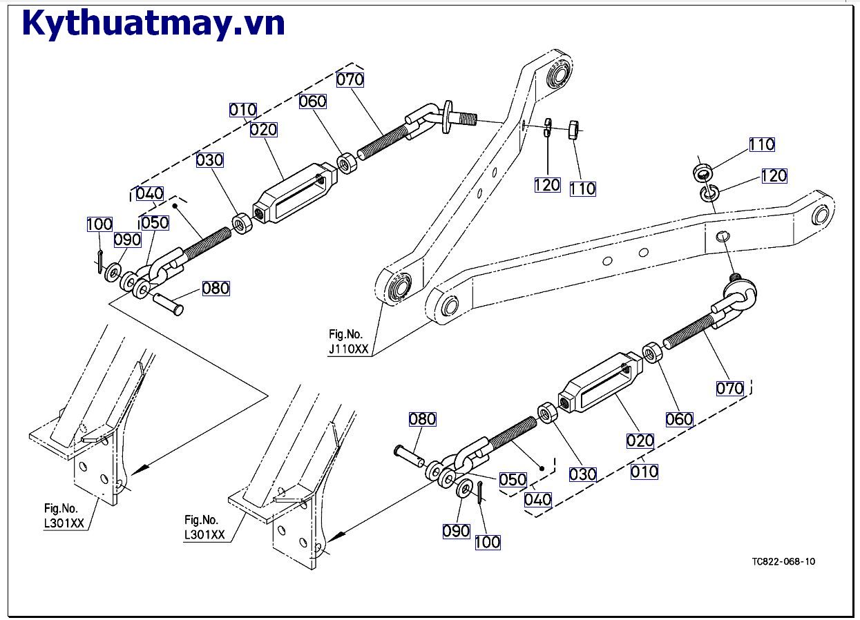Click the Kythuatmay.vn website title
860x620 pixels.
153,23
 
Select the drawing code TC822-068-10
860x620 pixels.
783,561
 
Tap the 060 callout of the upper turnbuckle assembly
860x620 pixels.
312,101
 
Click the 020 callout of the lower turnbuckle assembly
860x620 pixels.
640,440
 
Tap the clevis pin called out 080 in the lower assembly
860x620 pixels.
409,456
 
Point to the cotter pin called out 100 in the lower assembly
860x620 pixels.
480,494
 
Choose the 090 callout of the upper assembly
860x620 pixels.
127,240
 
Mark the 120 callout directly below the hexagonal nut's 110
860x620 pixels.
547,184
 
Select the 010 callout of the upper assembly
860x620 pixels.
242,110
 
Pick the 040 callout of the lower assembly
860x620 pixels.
537,498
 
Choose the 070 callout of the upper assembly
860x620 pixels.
350,79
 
